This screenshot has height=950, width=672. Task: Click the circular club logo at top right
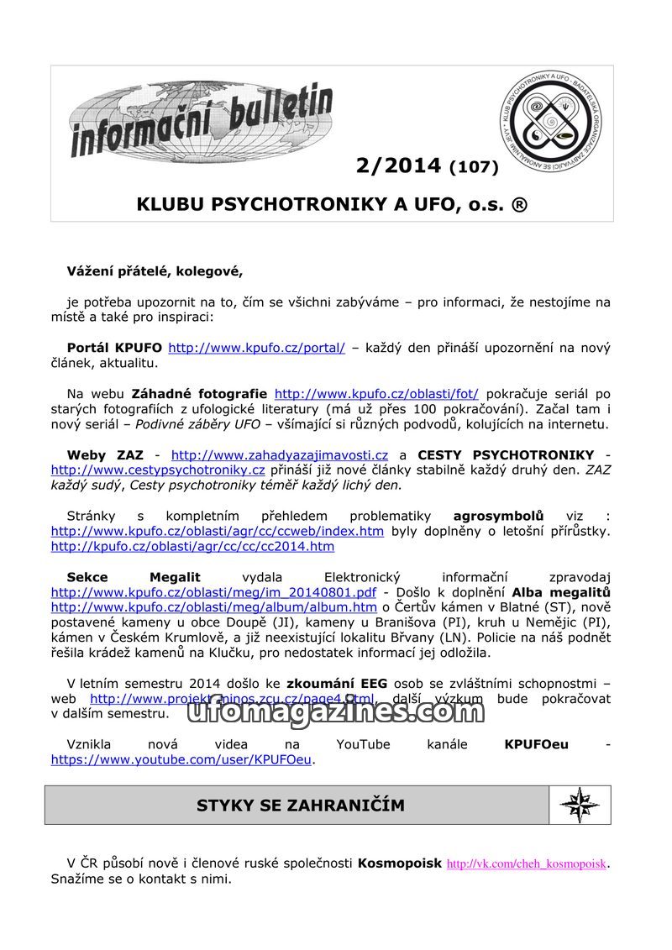click(x=552, y=121)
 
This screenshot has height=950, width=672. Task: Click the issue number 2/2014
click(x=398, y=165)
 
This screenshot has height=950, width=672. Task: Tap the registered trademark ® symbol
click(x=519, y=204)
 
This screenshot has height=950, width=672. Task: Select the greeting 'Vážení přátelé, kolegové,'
click(x=155, y=270)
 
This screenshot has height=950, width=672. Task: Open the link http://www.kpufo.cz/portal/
click(x=256, y=348)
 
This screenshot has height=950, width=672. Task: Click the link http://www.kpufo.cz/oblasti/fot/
click(x=376, y=393)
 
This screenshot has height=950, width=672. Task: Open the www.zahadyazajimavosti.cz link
click(x=280, y=454)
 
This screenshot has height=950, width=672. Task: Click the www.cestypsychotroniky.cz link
click(x=158, y=470)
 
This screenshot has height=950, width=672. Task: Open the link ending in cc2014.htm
click(x=192, y=547)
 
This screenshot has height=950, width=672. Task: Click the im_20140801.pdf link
click(x=213, y=592)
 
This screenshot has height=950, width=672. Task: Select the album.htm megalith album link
click(x=213, y=607)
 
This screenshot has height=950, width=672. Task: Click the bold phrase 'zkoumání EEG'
click(x=337, y=683)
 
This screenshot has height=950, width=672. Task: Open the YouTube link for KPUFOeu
click(x=181, y=759)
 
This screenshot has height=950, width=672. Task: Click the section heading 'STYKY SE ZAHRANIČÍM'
click(x=300, y=806)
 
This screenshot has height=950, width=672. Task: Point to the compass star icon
click(x=579, y=806)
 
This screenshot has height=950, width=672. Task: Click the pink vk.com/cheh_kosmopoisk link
click(x=526, y=863)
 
